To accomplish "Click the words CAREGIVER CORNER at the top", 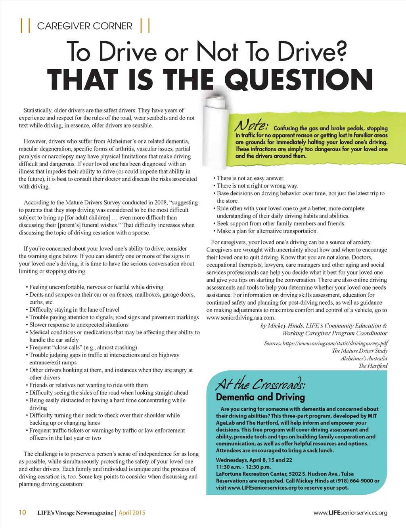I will (x=84, y=26).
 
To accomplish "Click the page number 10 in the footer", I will (x=23, y=512).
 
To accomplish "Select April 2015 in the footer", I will (x=132, y=513).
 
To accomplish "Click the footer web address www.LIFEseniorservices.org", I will (x=350, y=513).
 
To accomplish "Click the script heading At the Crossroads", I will (x=260, y=384).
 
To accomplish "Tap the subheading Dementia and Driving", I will (x=260, y=397).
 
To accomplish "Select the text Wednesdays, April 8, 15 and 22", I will (x=254, y=460).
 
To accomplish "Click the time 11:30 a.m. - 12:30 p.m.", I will (x=243, y=467).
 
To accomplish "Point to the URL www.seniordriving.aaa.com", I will (x=240, y=318).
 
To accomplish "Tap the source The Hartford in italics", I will (x=373, y=366).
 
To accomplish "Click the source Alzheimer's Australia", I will (x=364, y=358).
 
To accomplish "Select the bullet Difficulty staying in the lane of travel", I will (x=74, y=310).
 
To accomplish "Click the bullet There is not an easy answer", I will (x=250, y=178).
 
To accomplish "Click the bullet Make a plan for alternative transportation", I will (x=267, y=231).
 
